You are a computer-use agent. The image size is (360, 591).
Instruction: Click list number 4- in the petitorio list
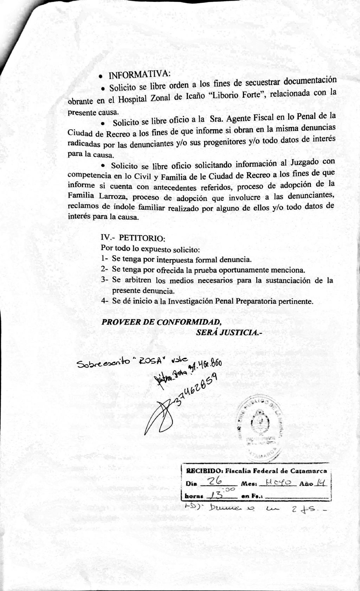click(104, 301)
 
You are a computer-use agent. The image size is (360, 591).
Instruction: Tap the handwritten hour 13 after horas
click(215, 495)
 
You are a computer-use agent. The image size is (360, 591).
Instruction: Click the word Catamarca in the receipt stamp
click(310, 470)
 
